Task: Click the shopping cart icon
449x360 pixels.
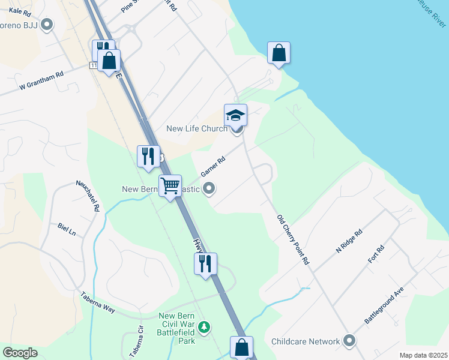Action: click(x=170, y=186)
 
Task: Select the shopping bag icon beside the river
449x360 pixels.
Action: click(x=279, y=53)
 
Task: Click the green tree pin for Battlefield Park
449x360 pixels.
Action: click(x=205, y=327)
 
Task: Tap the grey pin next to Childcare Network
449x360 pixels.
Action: click(x=349, y=341)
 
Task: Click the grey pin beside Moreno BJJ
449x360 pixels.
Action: click(x=47, y=25)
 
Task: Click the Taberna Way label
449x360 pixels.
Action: click(x=98, y=301)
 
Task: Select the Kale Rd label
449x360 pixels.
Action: click(x=19, y=10)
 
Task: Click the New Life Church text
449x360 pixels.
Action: click(x=197, y=128)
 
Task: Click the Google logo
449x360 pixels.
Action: click(x=20, y=353)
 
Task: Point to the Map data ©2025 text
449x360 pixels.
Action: click(x=423, y=355)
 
